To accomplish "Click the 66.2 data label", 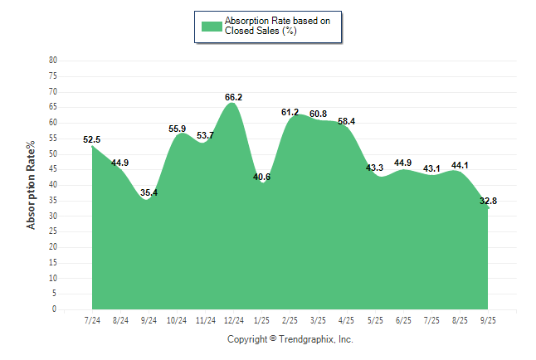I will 233,97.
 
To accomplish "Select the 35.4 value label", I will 149,192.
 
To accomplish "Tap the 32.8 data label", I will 488,201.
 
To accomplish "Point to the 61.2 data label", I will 290,112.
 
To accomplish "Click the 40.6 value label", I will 261,176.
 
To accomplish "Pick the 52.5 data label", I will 92,139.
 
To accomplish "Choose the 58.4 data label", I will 346,121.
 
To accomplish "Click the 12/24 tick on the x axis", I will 233,319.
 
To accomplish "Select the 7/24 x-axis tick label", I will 92,319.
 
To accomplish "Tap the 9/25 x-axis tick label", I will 488,319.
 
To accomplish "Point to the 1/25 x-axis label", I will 261,319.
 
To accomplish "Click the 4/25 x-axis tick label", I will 346,319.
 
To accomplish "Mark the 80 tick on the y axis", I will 53,61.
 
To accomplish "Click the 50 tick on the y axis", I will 53,154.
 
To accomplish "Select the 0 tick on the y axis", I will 55,309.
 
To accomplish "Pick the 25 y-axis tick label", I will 53,231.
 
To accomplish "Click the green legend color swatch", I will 212,26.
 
